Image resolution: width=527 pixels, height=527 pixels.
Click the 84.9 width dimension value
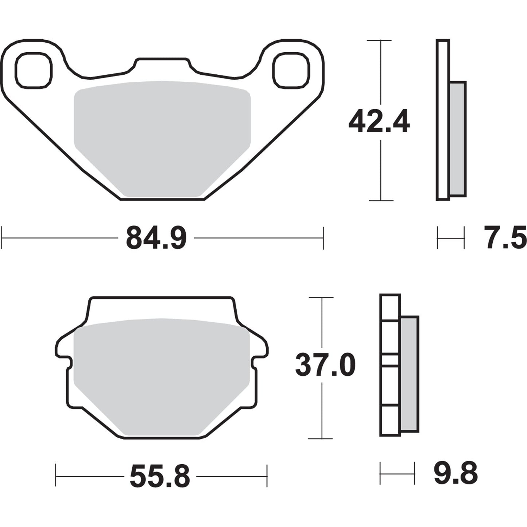click(156, 238)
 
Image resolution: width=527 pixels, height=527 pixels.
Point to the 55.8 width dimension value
click(160, 476)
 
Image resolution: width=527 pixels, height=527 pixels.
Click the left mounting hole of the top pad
click(34, 70)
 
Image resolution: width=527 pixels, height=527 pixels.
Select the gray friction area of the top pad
click(162, 139)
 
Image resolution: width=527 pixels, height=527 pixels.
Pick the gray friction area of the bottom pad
click(162, 376)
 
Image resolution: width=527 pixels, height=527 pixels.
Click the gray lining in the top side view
click(458, 139)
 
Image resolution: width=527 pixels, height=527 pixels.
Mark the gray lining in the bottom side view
click(409, 374)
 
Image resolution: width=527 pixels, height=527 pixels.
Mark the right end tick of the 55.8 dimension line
click(267, 476)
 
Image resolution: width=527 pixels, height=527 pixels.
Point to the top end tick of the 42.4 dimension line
click(381, 40)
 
